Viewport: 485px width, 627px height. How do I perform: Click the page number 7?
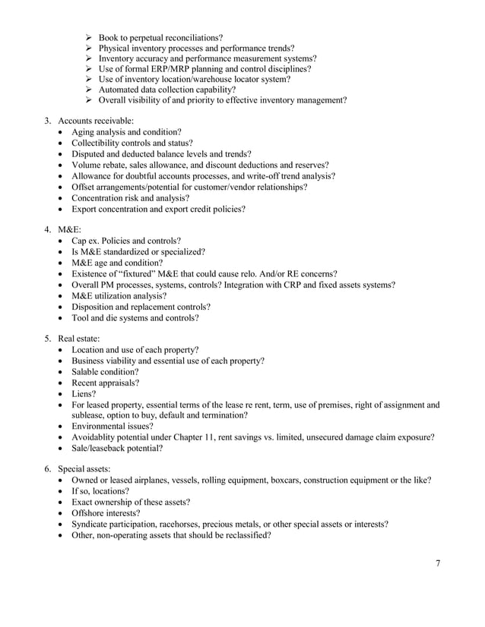click(x=438, y=562)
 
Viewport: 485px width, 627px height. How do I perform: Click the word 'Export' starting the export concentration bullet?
click(x=85, y=209)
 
